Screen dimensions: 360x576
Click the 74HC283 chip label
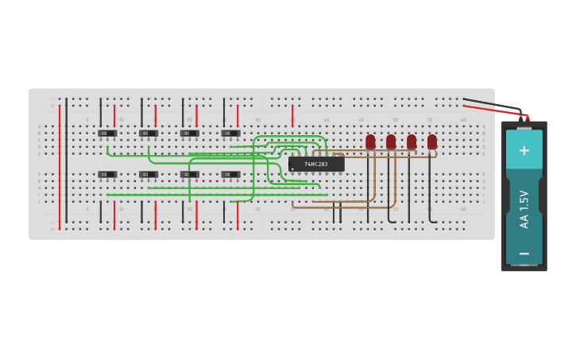coord(315,164)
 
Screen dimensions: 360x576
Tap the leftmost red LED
coord(370,141)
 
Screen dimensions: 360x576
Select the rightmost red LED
coord(432,141)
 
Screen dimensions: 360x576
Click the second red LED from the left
coord(391,141)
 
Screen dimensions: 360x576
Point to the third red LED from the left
coord(412,141)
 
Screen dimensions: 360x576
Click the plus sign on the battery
coord(524,150)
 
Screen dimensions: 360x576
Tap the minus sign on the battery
coord(524,254)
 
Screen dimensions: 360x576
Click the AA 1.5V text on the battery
coord(524,209)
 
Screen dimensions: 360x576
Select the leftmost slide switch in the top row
coord(106,133)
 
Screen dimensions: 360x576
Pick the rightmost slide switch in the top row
coord(230,133)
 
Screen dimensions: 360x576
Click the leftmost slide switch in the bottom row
coord(106,174)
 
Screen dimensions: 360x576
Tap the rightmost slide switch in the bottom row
coord(230,174)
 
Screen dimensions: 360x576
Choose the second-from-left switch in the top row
coord(148,133)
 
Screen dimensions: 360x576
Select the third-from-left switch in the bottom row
coord(189,174)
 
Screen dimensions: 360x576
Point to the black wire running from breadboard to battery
coord(493,103)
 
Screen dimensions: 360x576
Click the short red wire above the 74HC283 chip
coord(292,114)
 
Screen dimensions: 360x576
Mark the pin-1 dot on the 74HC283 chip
coord(292,168)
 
